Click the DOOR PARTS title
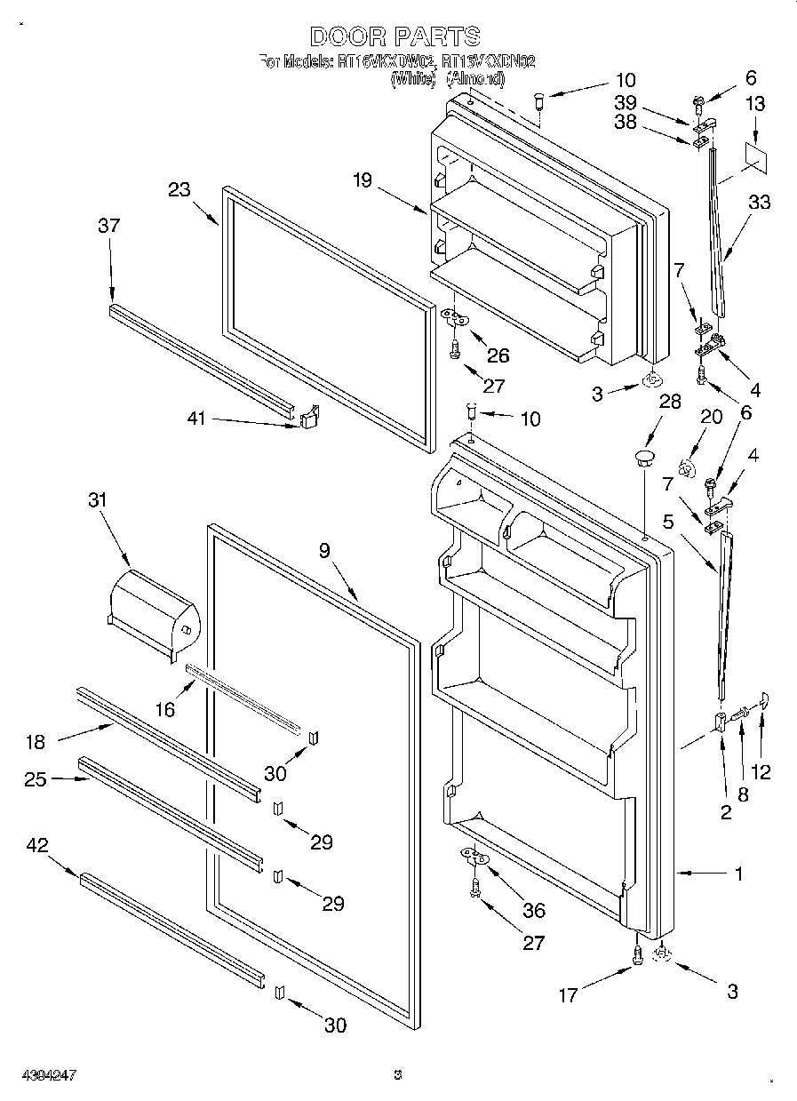point(395,36)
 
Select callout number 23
point(179,189)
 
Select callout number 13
point(754,105)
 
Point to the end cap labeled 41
point(309,417)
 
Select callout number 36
point(535,910)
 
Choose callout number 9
point(325,550)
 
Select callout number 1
point(738,874)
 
